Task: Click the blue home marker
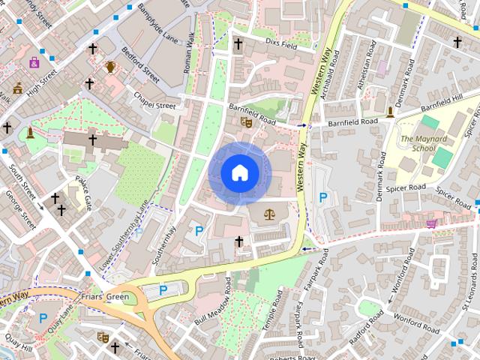click(x=239, y=173)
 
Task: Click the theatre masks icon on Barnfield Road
click(x=245, y=121)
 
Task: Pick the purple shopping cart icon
click(x=430, y=223)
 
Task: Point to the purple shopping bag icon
click(x=34, y=63)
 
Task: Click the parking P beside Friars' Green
click(x=163, y=290)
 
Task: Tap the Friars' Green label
click(x=107, y=297)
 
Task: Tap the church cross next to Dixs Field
click(x=238, y=44)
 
